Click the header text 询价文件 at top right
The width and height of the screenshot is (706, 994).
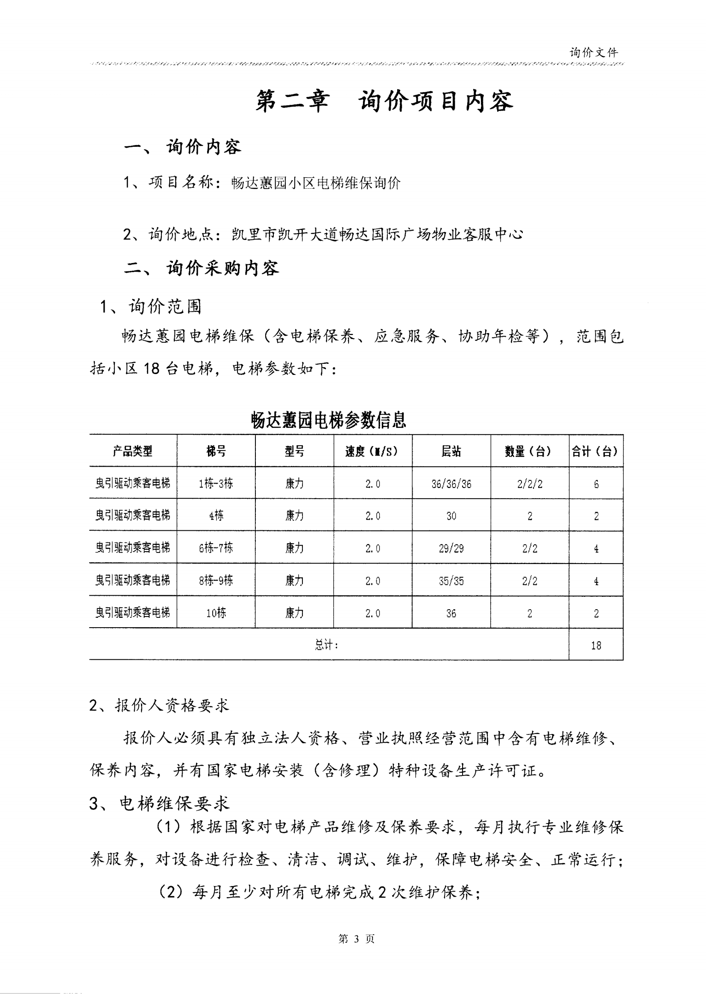pos(593,53)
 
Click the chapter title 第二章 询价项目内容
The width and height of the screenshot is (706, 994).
pos(384,101)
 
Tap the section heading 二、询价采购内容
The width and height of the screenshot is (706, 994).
pos(201,268)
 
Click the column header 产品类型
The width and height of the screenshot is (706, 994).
pos(132,451)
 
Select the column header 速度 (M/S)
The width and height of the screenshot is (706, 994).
pos(372,452)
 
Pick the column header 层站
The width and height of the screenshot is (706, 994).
pos(451,452)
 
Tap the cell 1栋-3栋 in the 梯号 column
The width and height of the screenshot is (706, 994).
pos(216,483)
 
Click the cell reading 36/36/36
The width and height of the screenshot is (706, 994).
pos(451,484)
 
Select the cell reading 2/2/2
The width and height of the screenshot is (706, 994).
pos(530,484)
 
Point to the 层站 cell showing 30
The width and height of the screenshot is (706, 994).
pos(451,516)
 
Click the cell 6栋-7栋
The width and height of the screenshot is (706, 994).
pos(216,548)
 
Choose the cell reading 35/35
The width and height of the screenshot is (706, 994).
pos(451,581)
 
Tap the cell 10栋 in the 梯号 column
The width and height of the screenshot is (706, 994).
pos(216,613)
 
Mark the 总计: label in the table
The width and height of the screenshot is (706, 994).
pos(326,645)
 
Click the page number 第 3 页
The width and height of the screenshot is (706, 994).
pos(356,939)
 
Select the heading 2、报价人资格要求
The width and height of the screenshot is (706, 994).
pos(159,705)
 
